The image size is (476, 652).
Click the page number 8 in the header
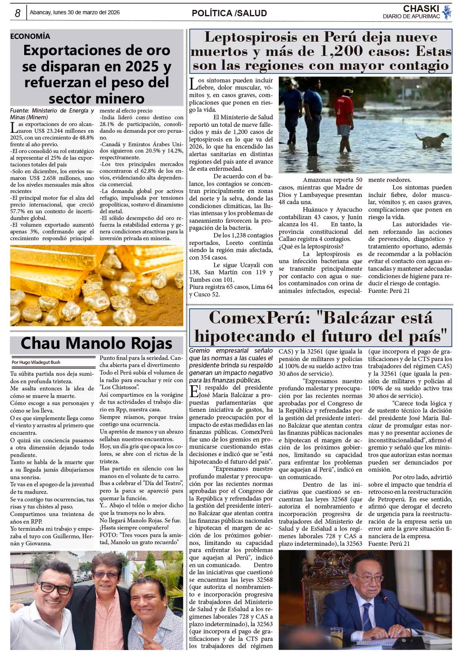click(x=17, y=13)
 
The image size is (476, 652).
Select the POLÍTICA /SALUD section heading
click(x=229, y=13)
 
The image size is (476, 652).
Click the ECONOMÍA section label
click(x=30, y=36)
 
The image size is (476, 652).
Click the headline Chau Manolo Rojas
click(x=96, y=343)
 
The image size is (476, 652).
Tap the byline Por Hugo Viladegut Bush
click(x=36, y=362)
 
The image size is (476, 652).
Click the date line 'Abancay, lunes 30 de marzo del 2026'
click(x=75, y=13)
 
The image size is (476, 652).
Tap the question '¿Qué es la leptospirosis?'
click(x=311, y=247)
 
